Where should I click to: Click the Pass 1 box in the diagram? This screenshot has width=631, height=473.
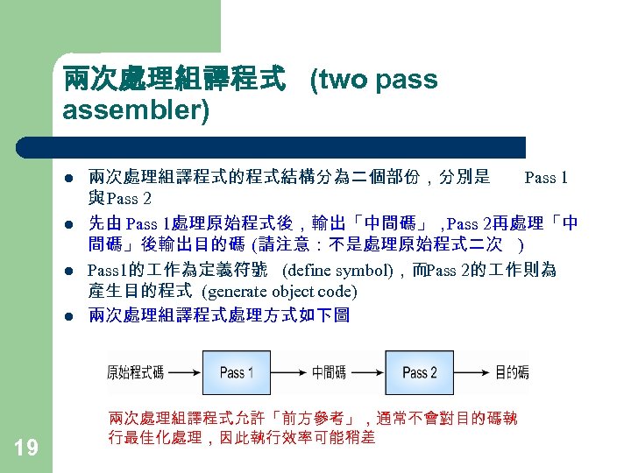pyautogui.click(x=237, y=372)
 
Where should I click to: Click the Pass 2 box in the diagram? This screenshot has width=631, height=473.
pyautogui.click(x=420, y=372)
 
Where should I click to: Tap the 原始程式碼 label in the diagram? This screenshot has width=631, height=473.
pyautogui.click(x=135, y=372)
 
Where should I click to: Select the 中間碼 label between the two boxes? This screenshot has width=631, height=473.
pyautogui.click(x=329, y=372)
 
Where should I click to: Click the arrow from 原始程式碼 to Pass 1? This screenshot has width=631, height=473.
pyautogui.click(x=183, y=372)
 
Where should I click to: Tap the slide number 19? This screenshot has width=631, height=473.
pyautogui.click(x=26, y=448)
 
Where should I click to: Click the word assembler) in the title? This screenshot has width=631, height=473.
pyautogui.click(x=136, y=112)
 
